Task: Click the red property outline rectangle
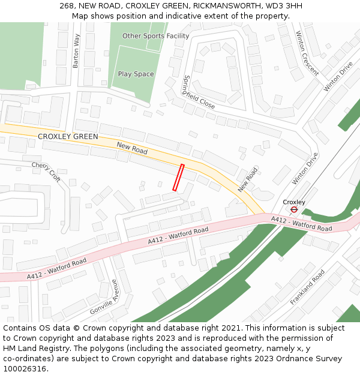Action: point(178,178)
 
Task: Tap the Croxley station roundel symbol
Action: point(294,210)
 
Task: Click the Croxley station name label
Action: point(294,202)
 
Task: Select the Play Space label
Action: point(136,74)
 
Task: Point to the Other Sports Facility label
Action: point(155,36)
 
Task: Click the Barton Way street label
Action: point(76,50)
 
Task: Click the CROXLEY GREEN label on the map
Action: point(68,137)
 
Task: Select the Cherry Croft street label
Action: point(46,171)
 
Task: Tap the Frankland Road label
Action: point(307,287)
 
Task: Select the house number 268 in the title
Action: point(66,6)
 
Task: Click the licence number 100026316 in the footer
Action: point(25,369)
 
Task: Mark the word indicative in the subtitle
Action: point(177,16)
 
